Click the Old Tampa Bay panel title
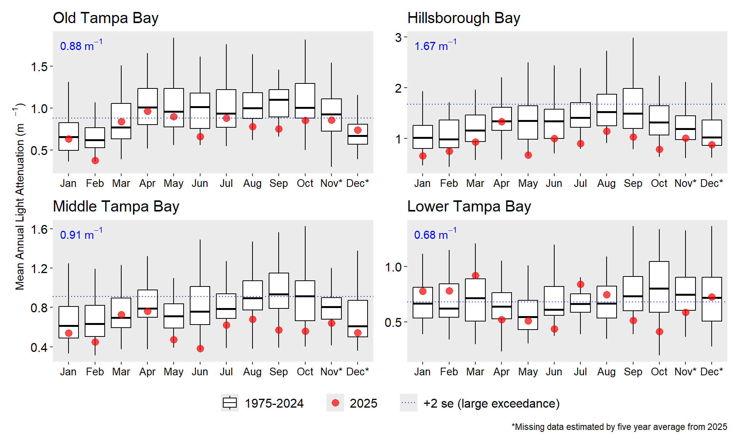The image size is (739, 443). [105, 18]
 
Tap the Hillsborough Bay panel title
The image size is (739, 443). [463, 18]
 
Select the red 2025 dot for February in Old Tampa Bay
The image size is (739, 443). [95, 160]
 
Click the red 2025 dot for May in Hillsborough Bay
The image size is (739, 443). [528, 155]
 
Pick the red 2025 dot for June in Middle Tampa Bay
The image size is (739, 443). [200, 348]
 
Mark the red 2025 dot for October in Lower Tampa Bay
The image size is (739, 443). [659, 331]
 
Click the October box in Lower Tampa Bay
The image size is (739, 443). [659, 286]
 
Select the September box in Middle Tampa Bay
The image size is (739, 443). [279, 291]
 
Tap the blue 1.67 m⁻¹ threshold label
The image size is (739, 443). [435, 45]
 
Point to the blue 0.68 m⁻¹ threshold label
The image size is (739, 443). [435, 234]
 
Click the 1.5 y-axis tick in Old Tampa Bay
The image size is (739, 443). [39, 67]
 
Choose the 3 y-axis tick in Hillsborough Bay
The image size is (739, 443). [398, 37]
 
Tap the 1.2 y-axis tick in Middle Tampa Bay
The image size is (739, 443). [39, 268]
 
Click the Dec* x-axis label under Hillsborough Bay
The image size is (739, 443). [712, 183]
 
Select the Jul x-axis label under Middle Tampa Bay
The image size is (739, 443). [226, 372]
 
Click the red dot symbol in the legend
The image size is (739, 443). [335, 403]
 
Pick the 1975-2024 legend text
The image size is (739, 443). [274, 403]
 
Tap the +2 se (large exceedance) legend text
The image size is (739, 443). [492, 403]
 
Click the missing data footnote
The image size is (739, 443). [619, 427]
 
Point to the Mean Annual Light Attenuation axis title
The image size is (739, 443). [20, 196]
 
